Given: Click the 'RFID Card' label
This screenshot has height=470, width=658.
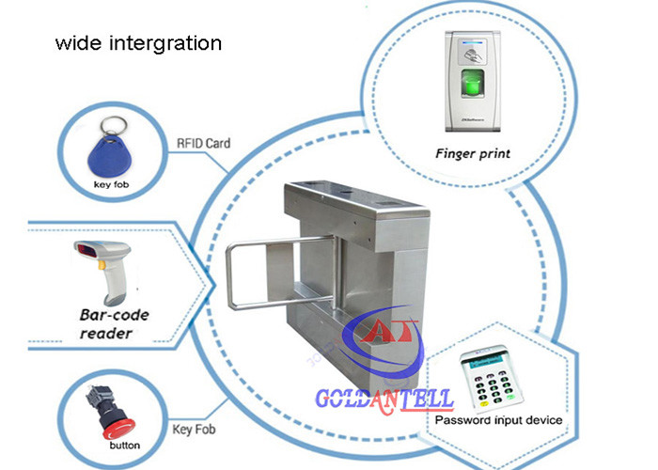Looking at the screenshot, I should [204, 143].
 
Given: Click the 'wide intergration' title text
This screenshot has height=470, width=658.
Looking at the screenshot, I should [138, 43].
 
